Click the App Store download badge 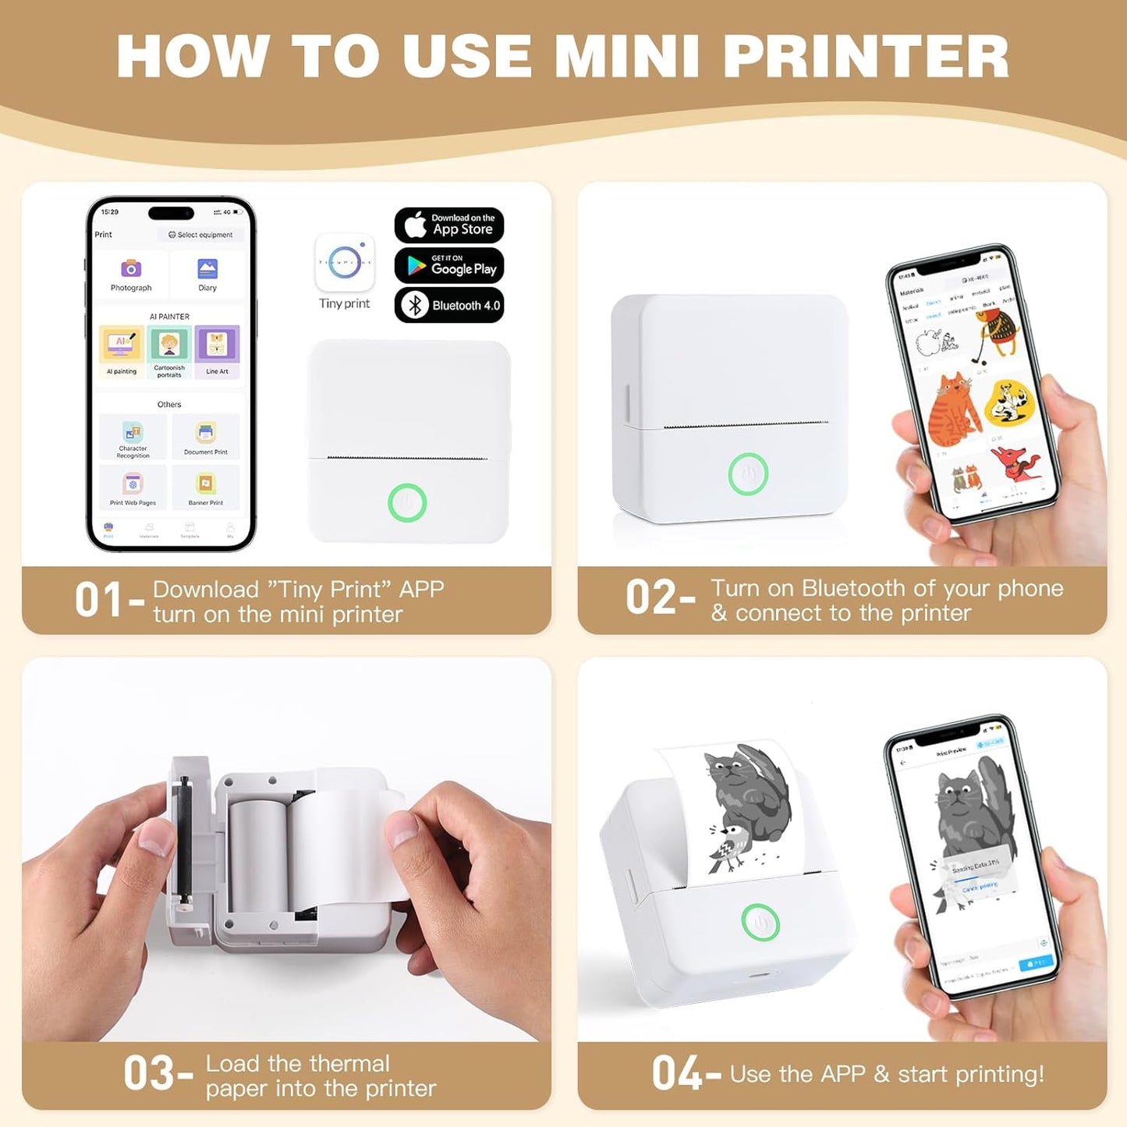tap(449, 225)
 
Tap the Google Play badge tap(449, 266)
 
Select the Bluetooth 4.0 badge tap(449, 305)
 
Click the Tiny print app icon tap(345, 262)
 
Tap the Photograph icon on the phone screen tap(131, 269)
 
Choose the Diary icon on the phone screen tap(207, 269)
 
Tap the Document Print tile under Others tap(206, 436)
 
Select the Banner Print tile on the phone tap(206, 487)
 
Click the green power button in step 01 tap(407, 503)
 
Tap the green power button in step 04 tap(760, 923)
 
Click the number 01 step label tap(98, 601)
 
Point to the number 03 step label tap(147, 1074)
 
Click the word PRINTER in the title tap(866, 56)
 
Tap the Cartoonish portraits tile tap(169, 351)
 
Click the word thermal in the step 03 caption tap(348, 1064)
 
